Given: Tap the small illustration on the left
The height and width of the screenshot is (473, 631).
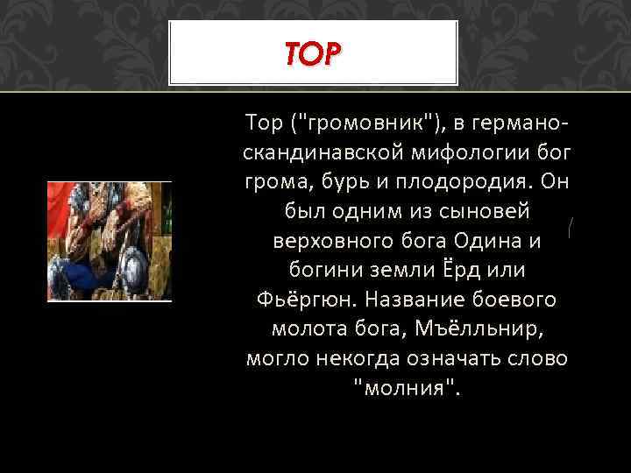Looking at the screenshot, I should tap(109, 241).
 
